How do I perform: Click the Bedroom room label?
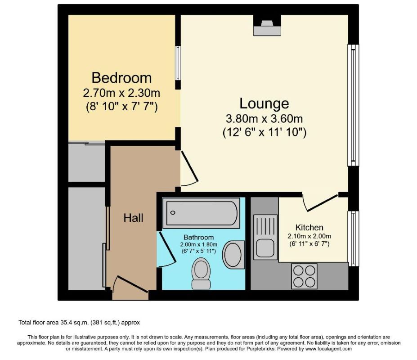[121, 78]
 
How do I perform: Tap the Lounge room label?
[264, 103]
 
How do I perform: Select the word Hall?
[134, 218]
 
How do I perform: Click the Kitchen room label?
[309, 227]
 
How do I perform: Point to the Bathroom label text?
[198, 237]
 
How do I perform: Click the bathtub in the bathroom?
[201, 213]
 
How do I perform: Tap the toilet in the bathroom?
[201, 274]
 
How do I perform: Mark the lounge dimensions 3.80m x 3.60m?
[264, 119]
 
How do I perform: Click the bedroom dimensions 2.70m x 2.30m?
[121, 94]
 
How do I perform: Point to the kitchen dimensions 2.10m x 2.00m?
[309, 236]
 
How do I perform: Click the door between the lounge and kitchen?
[320, 202]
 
